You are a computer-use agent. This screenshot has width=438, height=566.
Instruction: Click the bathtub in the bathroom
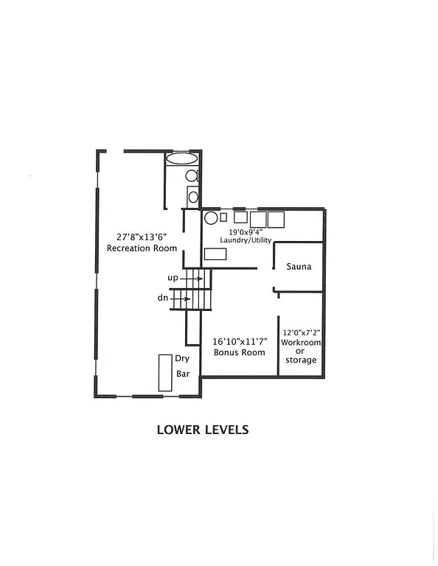pos(181,158)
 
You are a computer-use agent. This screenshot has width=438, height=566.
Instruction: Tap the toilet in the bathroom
pos(192,176)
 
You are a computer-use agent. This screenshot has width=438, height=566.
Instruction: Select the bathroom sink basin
pos(193,196)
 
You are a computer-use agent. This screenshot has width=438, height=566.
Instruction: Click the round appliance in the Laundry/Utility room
pos(210,218)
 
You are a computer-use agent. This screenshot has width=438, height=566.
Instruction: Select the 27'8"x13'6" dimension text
pos(142,237)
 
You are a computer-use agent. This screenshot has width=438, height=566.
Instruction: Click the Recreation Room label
pos(142,248)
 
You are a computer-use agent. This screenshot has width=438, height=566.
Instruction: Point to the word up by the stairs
pos(173,279)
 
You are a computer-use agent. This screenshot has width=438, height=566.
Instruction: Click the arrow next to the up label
pos(193,279)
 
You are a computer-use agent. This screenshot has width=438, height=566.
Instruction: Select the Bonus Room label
pos(239,353)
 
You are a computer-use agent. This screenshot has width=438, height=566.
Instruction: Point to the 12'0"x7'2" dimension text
pos(301,333)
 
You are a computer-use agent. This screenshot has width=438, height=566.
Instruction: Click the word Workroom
pos(301,343)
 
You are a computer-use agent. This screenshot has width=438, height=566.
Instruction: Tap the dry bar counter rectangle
pos(164,373)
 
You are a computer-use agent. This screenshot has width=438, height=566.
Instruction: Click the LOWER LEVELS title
pos(203,430)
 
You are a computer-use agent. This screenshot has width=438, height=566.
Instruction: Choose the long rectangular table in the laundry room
pos(215,254)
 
